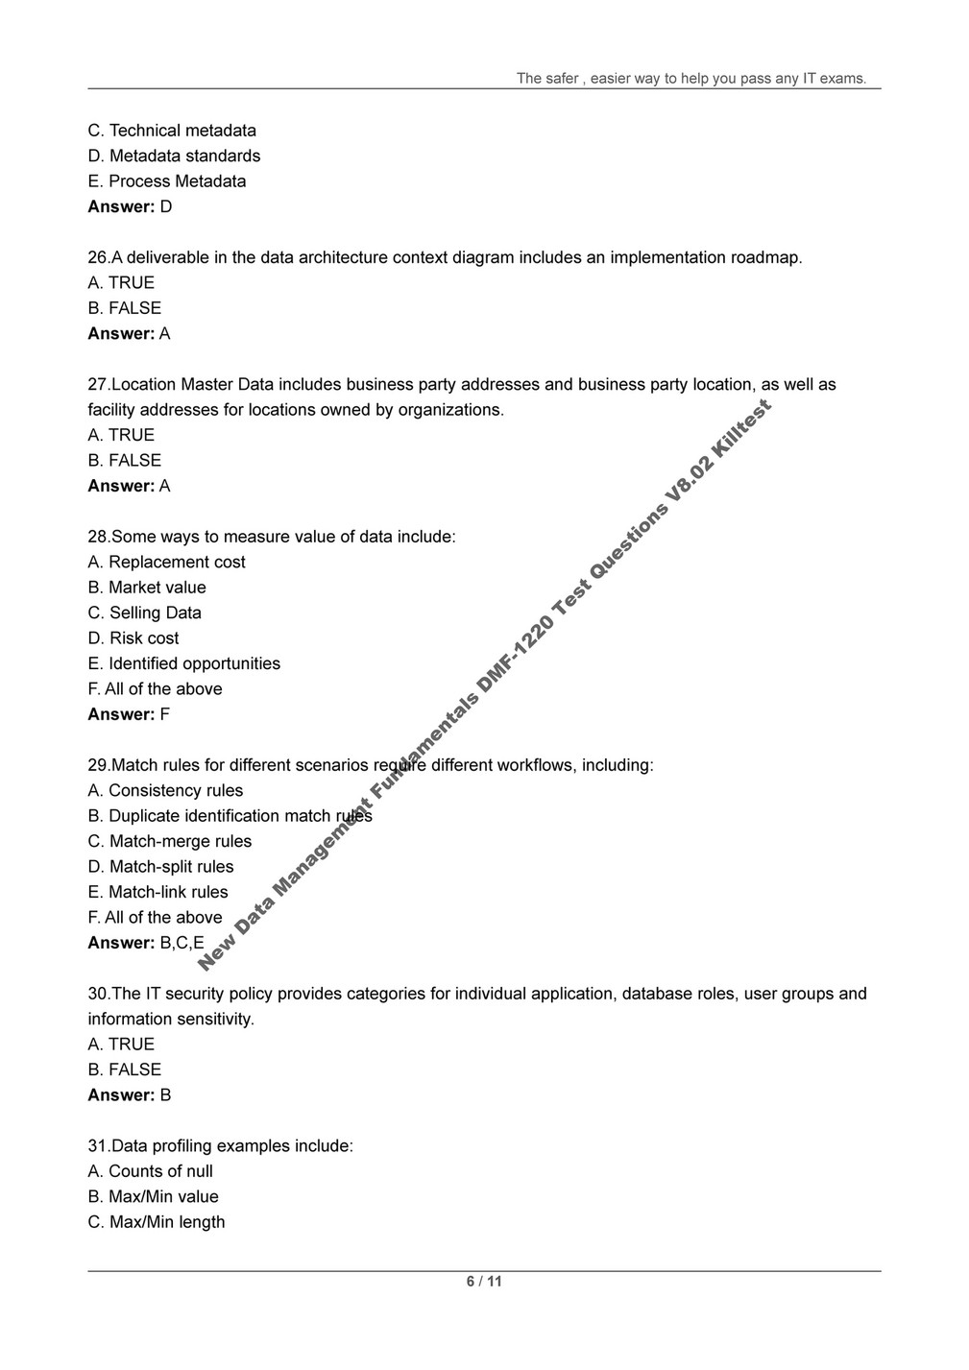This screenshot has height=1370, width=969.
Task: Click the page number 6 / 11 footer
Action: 484,1282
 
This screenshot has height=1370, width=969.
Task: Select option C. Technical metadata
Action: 172,131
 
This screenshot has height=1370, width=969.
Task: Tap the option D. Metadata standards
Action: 174,156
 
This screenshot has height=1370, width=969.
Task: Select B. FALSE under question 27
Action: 125,461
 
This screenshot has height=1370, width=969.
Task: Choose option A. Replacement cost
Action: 166,563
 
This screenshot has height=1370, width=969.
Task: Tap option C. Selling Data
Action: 145,613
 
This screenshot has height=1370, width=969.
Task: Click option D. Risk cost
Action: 133,638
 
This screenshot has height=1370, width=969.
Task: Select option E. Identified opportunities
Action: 184,663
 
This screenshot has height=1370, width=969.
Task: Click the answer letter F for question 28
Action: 165,714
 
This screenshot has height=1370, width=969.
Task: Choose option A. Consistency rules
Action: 165,791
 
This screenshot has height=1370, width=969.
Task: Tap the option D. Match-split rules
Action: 160,867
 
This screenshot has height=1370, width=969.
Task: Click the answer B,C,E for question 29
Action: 182,943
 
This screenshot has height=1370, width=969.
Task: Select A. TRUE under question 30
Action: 121,1045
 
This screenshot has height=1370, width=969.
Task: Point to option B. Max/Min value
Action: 154,1197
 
